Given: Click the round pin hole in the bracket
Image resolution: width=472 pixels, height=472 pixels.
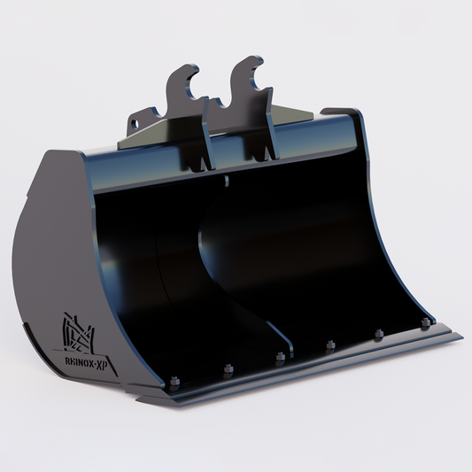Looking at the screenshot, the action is click(135, 124).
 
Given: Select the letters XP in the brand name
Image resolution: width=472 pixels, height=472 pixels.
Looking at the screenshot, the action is click(102, 365).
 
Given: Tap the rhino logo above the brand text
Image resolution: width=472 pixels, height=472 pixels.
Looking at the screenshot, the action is click(78, 333).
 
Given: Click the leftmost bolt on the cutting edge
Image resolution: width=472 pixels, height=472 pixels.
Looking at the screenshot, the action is click(174, 382).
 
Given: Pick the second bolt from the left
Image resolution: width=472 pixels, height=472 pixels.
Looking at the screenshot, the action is click(228, 369).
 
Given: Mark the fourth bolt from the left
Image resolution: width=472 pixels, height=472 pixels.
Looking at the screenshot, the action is click(330, 346).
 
